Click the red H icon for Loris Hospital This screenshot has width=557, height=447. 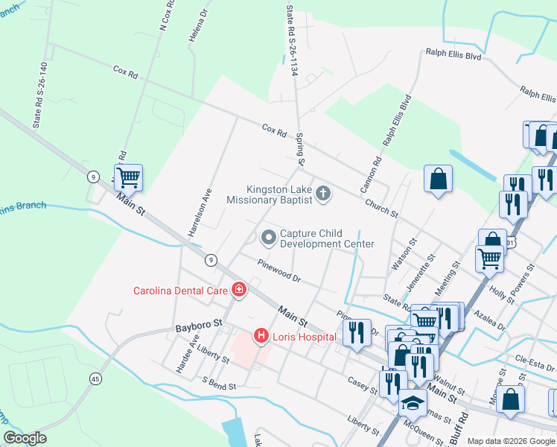click(261, 337)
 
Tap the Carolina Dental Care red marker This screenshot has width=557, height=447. click(239, 290)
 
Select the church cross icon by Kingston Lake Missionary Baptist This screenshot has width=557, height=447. click(322, 194)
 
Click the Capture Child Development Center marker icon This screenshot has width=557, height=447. click(268, 238)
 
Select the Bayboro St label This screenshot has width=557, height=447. click(200, 326)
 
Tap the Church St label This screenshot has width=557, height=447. click(381, 207)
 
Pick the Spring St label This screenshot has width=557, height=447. click(300, 149)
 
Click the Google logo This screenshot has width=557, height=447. click(25, 438)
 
